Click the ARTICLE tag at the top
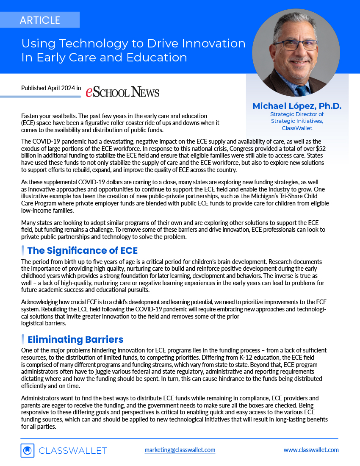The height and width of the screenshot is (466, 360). pyautogui.click(x=40, y=20)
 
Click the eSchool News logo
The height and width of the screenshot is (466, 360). pyautogui.click(x=122, y=92)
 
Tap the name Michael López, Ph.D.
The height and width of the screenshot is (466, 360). pyautogui.click(x=297, y=106)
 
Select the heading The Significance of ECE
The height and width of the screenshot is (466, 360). pyautogui.click(x=82, y=250)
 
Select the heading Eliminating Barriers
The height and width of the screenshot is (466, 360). pyautogui.click(x=75, y=339)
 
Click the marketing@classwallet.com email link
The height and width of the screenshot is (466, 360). pyautogui.click(x=180, y=449)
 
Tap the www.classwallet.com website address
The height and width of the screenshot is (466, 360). pyautogui.click(x=311, y=449)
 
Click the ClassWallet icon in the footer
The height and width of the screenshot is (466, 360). pyautogui.click(x=28, y=450)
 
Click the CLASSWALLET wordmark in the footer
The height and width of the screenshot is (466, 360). pyautogui.click(x=73, y=451)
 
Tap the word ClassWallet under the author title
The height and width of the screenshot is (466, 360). pyautogui.click(x=297, y=128)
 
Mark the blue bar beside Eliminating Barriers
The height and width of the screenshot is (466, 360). pyautogui.click(x=22, y=339)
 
